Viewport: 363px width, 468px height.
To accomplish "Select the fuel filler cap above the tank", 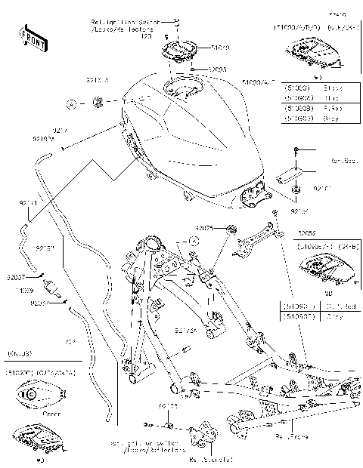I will click(179, 54).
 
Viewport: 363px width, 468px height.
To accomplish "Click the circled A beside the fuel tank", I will click(70, 101).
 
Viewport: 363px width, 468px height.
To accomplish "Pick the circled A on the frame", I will click(193, 241).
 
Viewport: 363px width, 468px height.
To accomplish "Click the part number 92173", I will click(168, 406).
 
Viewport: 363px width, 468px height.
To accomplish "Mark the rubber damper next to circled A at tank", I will click(98, 101).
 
